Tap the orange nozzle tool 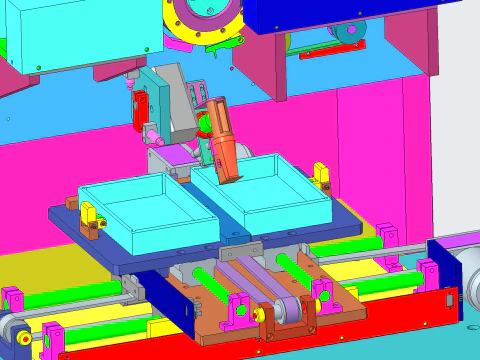click(x=222, y=140)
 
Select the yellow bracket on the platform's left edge click(x=89, y=213)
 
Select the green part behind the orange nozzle click(x=205, y=125)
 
